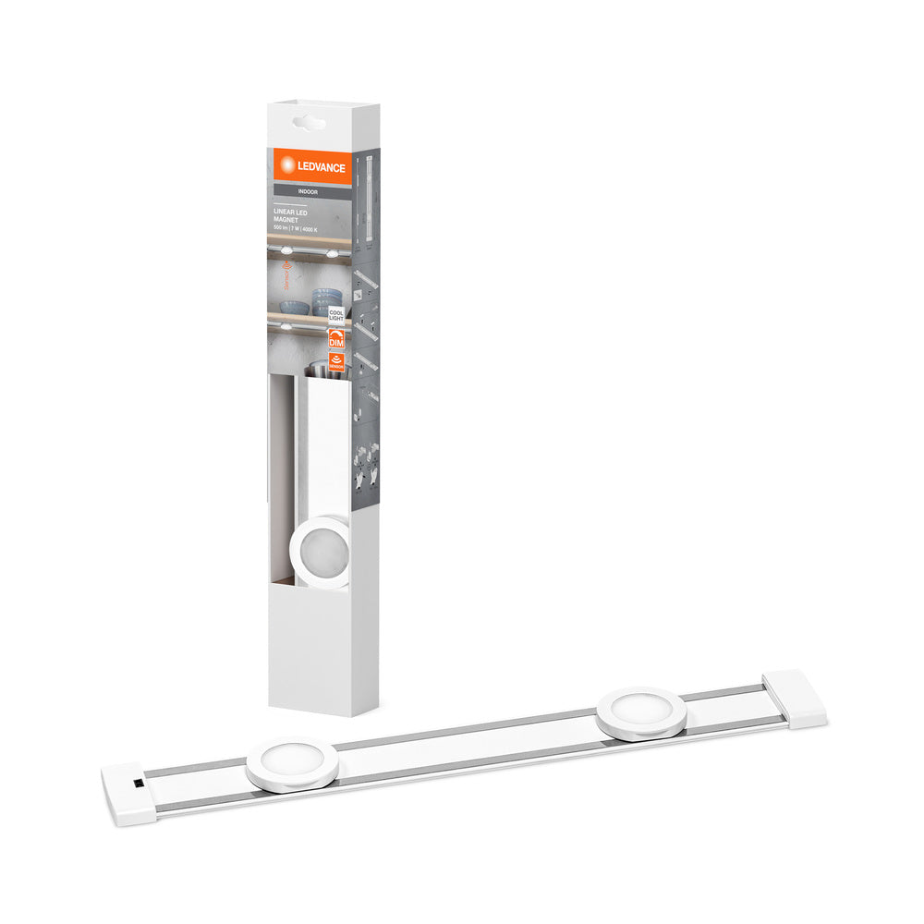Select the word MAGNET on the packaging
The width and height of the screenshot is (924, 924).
[286, 220]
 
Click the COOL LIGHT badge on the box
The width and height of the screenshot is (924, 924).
[336, 315]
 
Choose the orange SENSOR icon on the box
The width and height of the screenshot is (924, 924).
[336, 361]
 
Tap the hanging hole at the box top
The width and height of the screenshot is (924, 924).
[310, 121]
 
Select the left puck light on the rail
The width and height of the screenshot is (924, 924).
[292, 760]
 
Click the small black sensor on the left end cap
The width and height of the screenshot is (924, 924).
[138, 783]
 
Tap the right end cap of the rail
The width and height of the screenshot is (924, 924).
[795, 699]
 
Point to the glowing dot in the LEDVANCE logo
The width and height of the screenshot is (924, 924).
[287, 164]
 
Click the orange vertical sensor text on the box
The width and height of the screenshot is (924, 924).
[286, 277]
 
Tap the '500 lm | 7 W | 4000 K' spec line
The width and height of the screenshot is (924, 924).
[295, 228]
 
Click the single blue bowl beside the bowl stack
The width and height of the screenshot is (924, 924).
[294, 307]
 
